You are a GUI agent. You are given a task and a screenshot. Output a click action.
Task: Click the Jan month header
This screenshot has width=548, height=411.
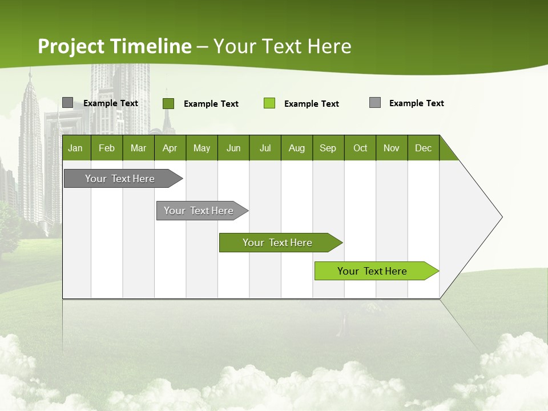[x=76, y=148]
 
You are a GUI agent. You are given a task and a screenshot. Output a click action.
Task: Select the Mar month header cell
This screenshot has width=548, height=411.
[x=138, y=148]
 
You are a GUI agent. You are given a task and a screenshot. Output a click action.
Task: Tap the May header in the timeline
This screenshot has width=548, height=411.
[x=202, y=148]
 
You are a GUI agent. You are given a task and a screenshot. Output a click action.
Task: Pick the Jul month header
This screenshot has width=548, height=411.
[x=265, y=148]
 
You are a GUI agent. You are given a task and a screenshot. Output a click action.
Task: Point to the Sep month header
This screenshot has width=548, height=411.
[x=328, y=148]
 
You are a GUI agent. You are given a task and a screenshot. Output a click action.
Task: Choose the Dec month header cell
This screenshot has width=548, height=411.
[x=423, y=148]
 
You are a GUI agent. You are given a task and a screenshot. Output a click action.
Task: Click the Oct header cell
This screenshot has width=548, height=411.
[x=360, y=148]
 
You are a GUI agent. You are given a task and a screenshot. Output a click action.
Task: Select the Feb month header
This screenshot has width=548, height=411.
[x=107, y=148]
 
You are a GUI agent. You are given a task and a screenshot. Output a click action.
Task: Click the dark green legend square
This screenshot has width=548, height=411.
[x=168, y=103]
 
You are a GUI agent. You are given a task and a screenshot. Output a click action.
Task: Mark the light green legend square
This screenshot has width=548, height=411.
[x=269, y=103]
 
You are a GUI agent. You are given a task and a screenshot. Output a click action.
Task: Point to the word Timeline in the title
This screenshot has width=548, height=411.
[x=151, y=46]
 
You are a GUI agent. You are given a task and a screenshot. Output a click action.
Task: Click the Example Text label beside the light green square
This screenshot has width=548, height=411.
[x=311, y=104]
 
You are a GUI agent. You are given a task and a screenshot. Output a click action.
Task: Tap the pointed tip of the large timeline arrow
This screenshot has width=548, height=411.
[x=501, y=217]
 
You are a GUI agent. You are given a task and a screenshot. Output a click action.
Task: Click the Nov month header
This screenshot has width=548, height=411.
[x=392, y=148]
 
